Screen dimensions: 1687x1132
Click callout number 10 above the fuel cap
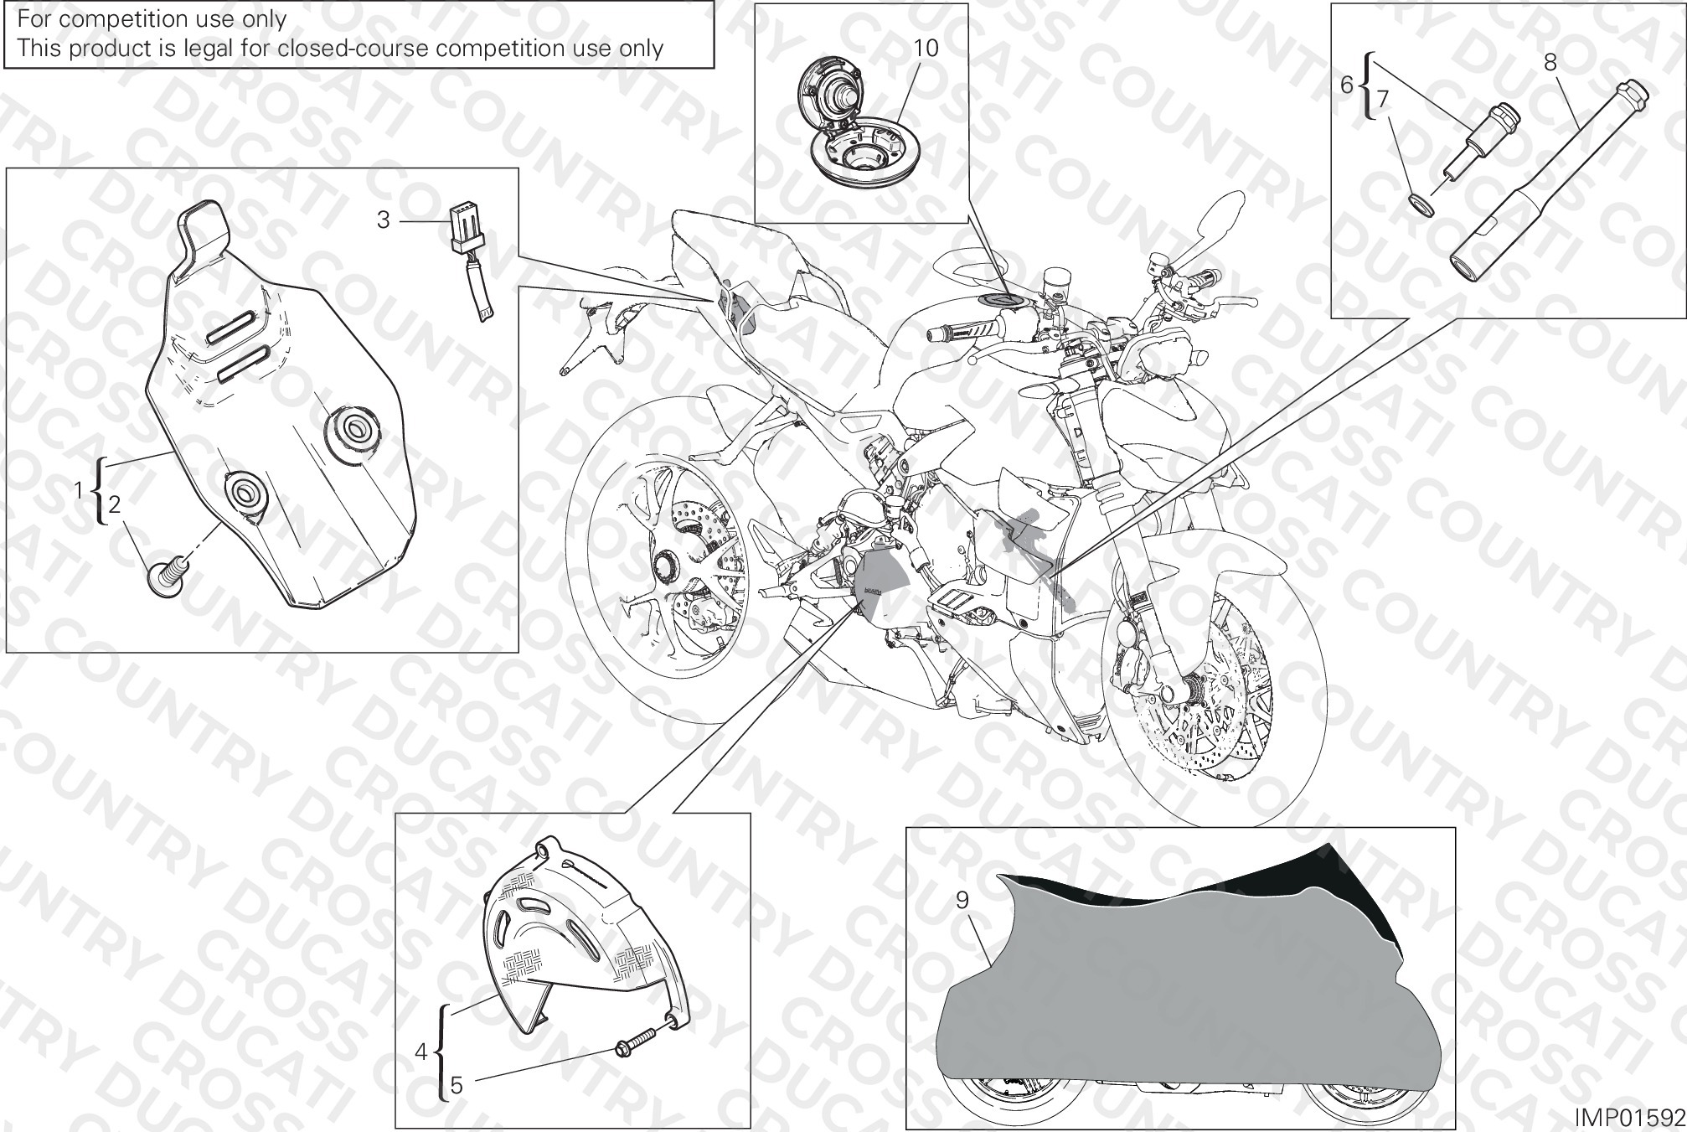[926, 48]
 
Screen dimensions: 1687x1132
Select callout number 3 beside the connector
[383, 220]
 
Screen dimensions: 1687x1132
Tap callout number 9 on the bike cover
[962, 900]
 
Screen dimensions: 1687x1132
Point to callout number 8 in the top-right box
[1550, 61]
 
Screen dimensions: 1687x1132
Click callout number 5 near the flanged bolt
[456, 1086]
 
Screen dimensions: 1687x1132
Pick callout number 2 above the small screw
[115, 504]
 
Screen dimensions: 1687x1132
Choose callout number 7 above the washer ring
[1383, 100]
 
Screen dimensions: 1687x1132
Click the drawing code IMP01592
[1629, 1118]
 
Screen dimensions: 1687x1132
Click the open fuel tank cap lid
[829, 96]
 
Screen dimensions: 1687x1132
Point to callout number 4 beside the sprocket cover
[421, 1052]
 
